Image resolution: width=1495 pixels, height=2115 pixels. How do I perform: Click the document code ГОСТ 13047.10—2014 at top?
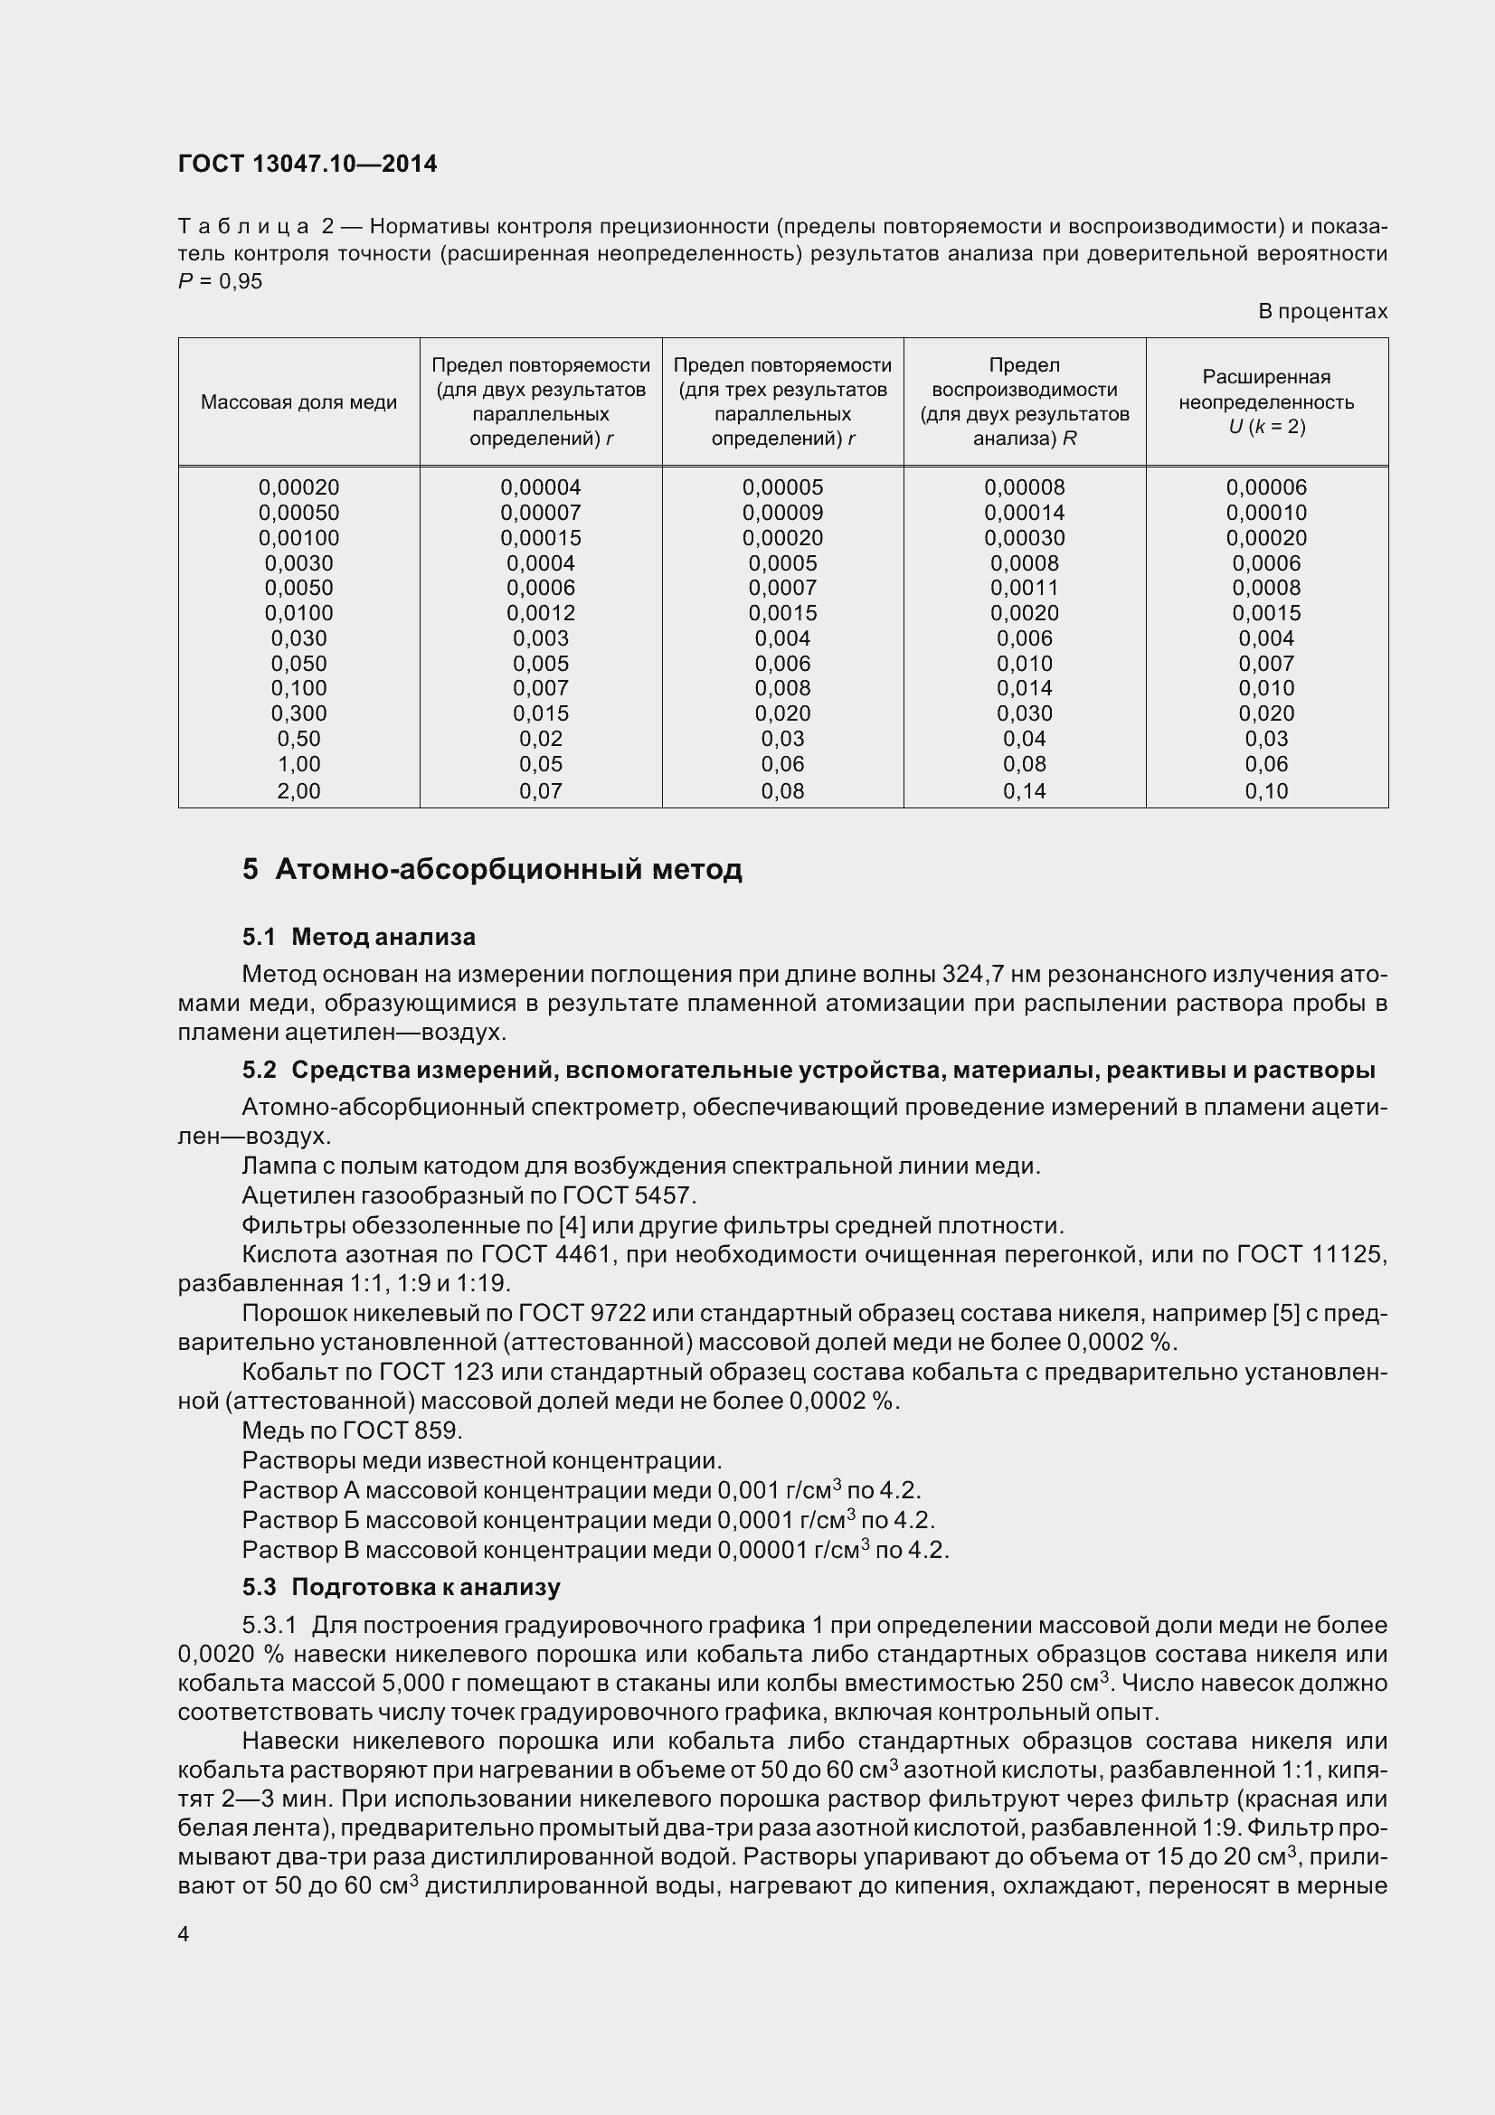(307, 164)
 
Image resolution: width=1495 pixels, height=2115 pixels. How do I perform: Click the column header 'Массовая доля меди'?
(298, 402)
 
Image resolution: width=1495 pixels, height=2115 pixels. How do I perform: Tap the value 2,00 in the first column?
(298, 790)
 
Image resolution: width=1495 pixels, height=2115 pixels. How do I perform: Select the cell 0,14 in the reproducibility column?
(1025, 790)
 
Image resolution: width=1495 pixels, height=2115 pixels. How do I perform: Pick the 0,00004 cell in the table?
(541, 487)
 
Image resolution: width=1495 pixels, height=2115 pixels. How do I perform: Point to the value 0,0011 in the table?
(1025, 588)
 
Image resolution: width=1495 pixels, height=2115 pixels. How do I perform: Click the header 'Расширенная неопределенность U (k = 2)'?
(1266, 401)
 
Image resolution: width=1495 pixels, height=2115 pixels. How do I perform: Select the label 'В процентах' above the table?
(1322, 311)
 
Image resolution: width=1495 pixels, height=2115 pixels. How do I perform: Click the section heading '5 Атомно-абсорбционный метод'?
(492, 869)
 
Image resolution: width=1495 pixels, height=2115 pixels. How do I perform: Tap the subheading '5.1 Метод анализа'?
(358, 937)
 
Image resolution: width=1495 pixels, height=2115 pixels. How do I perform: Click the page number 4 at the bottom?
(184, 1934)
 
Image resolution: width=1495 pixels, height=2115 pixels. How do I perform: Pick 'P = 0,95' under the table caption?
(220, 282)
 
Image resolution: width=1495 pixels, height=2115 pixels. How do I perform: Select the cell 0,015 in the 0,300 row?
(541, 713)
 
